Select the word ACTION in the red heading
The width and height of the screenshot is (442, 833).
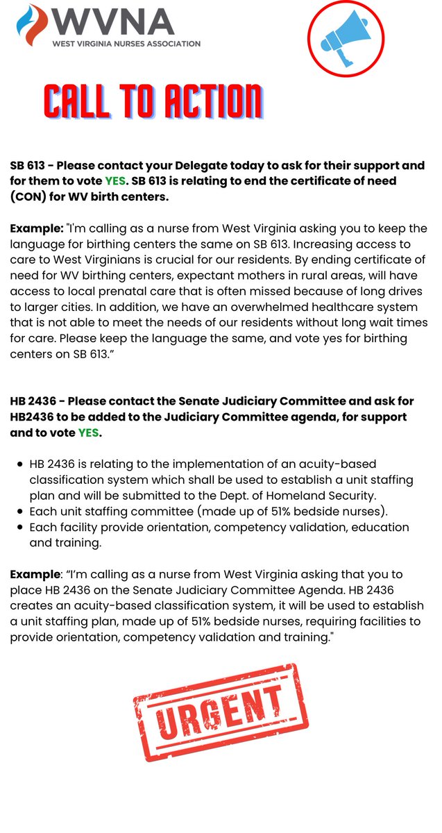206,103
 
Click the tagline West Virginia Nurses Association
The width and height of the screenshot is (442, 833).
126,43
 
